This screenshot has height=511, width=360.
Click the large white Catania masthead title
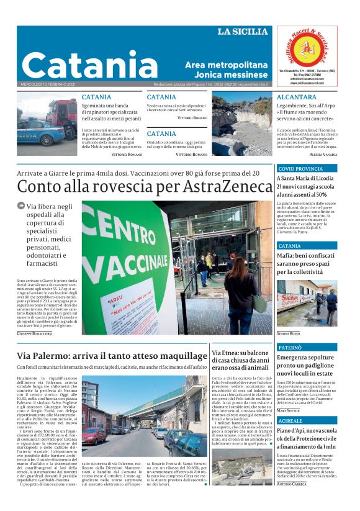pyautogui.click(x=89, y=65)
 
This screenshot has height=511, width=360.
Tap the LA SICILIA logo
pyautogui.click(x=243, y=32)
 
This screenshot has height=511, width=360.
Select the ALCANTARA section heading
pyautogui.click(x=296, y=97)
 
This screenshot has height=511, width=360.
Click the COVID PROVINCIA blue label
pyautogui.click(x=300, y=169)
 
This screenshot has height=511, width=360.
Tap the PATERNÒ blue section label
pyautogui.click(x=290, y=348)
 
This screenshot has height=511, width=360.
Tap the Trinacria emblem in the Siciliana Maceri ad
pyautogui.click(x=307, y=50)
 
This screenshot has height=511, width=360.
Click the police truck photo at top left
pyautogui.click(x=47, y=123)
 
